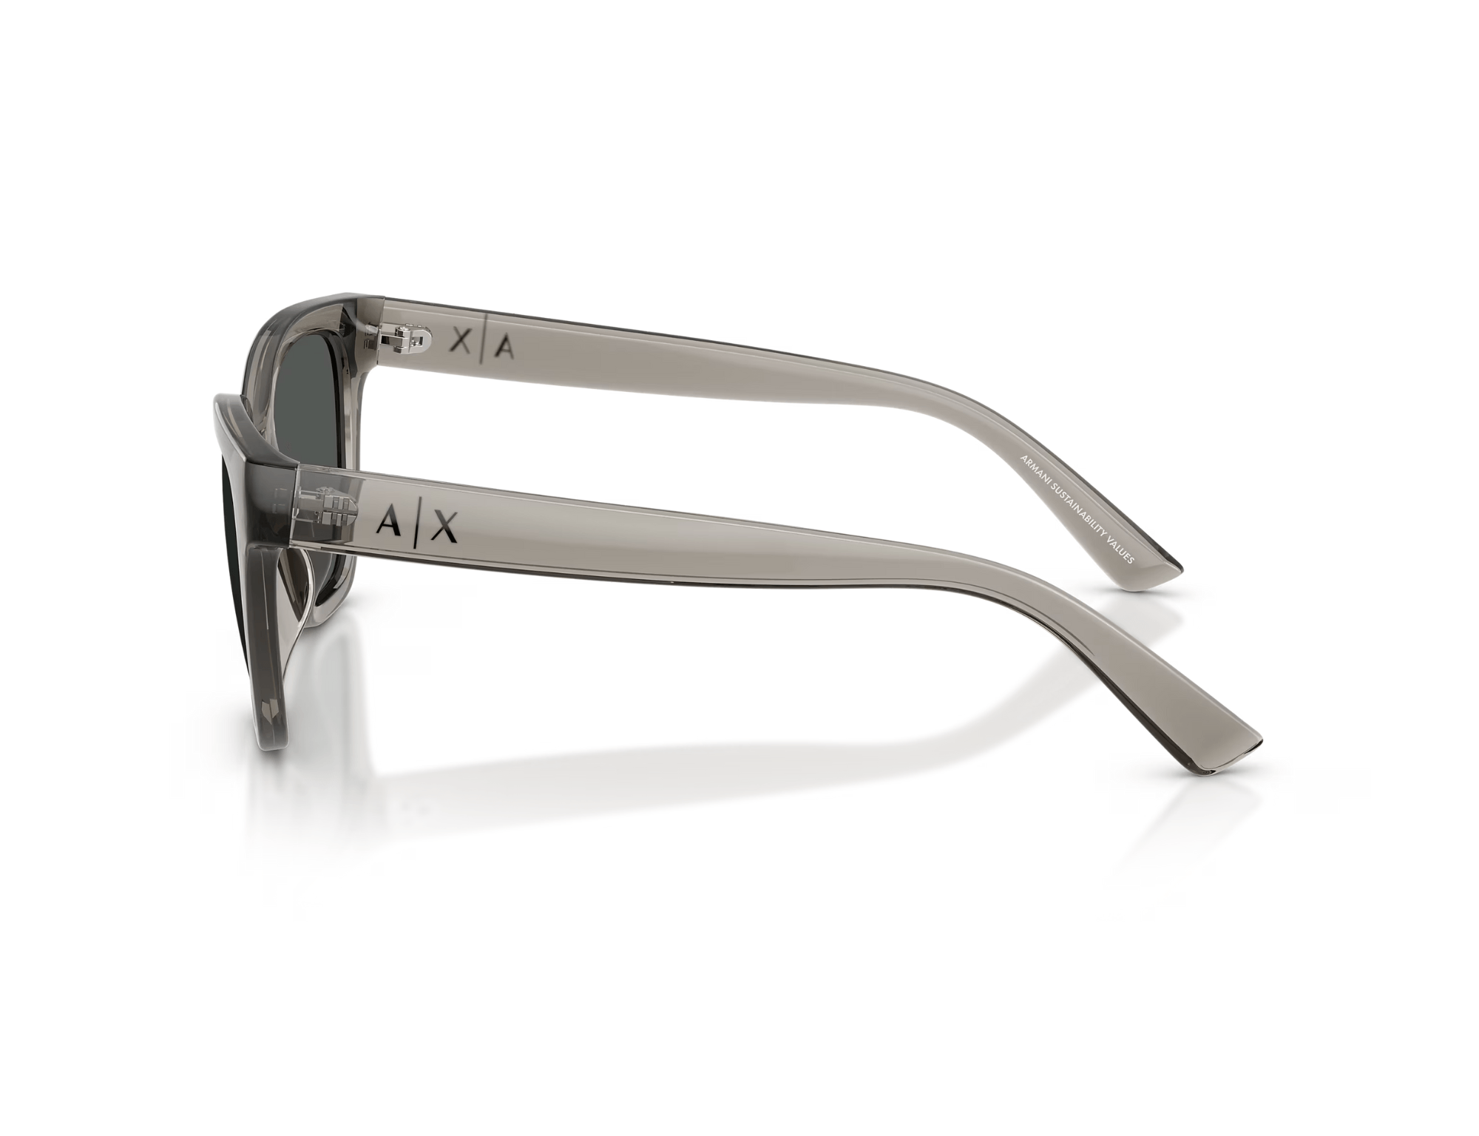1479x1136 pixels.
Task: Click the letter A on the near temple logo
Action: point(387,524)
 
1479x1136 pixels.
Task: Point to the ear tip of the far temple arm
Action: point(1157,561)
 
